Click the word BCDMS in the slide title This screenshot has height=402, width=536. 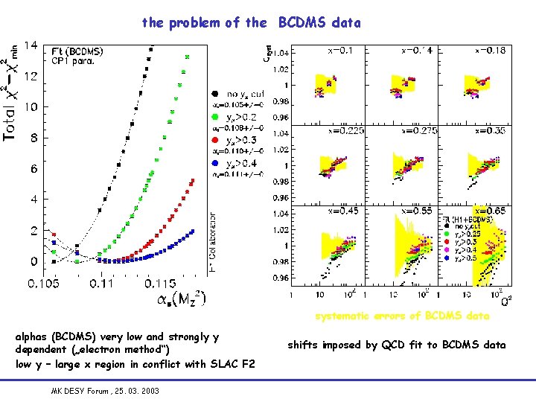pyautogui.click(x=319, y=23)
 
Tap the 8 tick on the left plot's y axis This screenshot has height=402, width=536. pyautogui.click(x=33, y=138)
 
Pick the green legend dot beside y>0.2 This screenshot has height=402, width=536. pyautogui.click(x=214, y=116)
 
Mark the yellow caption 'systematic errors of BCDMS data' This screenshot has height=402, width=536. pyautogui.click(x=402, y=316)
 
